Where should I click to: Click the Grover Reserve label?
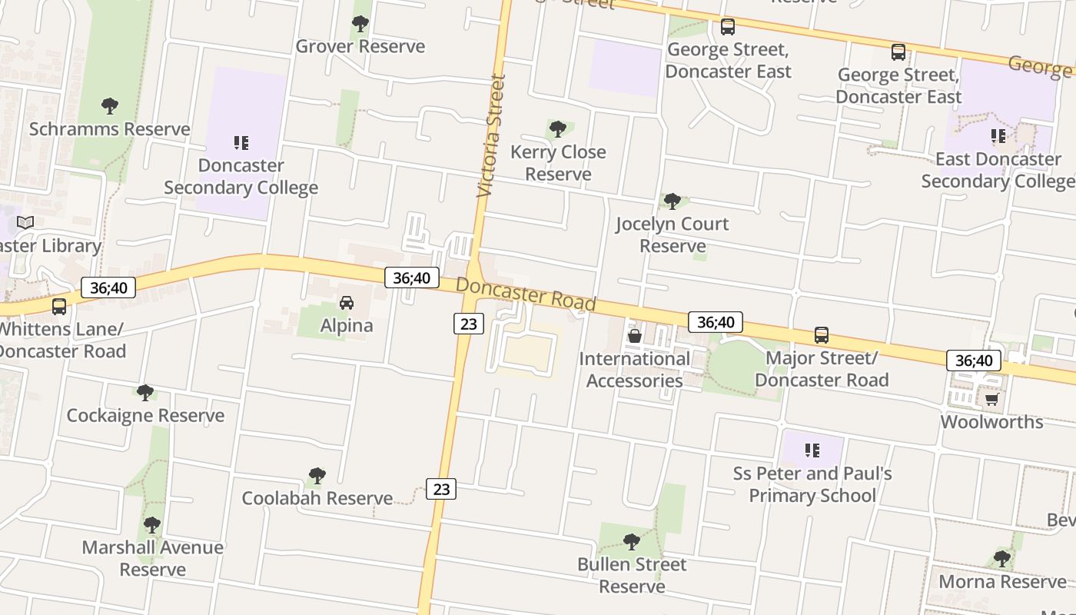[x=360, y=46]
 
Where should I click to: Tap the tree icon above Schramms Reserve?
[x=110, y=105]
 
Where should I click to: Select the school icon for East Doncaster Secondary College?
[x=998, y=137]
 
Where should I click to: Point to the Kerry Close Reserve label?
[x=558, y=163]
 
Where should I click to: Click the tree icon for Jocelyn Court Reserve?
[x=672, y=201]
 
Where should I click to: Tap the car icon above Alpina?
[x=347, y=303]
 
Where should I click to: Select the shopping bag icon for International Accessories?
[x=635, y=336]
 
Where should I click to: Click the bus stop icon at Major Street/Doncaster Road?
[x=822, y=335]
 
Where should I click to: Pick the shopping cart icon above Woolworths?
[x=992, y=399]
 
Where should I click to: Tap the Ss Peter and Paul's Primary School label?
[x=812, y=484]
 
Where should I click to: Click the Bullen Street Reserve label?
[x=632, y=575]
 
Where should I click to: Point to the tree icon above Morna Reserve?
[x=1001, y=558]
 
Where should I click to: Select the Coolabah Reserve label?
[x=317, y=498]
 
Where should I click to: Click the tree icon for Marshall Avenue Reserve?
[x=152, y=525]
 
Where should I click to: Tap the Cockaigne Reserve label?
[x=145, y=416]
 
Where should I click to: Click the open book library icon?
[x=25, y=223]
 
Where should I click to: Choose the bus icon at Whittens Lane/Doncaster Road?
[x=59, y=307]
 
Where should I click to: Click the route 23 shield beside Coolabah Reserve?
[x=441, y=489]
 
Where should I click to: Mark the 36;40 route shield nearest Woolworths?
[x=974, y=360]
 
